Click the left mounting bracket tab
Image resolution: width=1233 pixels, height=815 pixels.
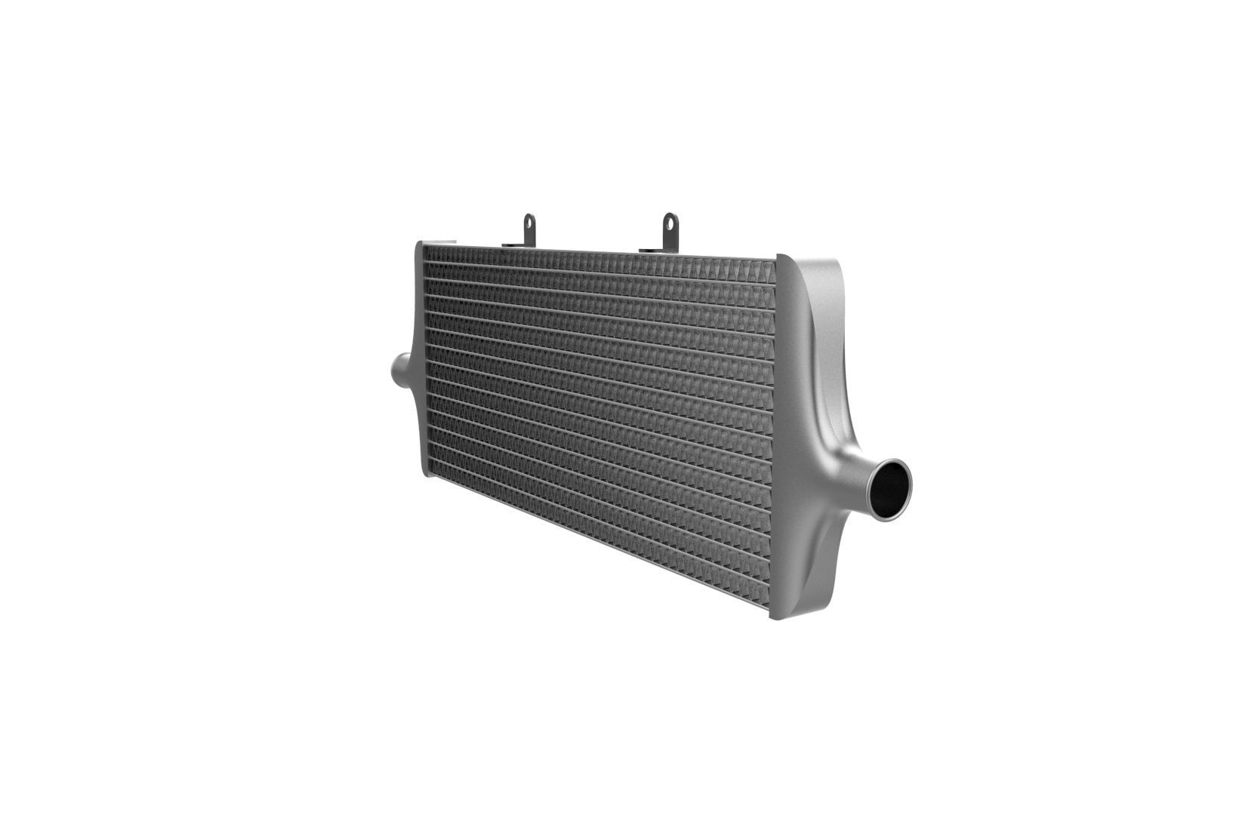coord(529,229)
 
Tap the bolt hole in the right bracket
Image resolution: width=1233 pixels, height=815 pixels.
coord(669,222)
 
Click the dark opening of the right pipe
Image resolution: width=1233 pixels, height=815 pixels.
coord(891,488)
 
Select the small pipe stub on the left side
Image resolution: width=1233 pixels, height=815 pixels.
coord(399,371)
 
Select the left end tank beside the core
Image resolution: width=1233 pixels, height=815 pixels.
coord(420,362)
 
